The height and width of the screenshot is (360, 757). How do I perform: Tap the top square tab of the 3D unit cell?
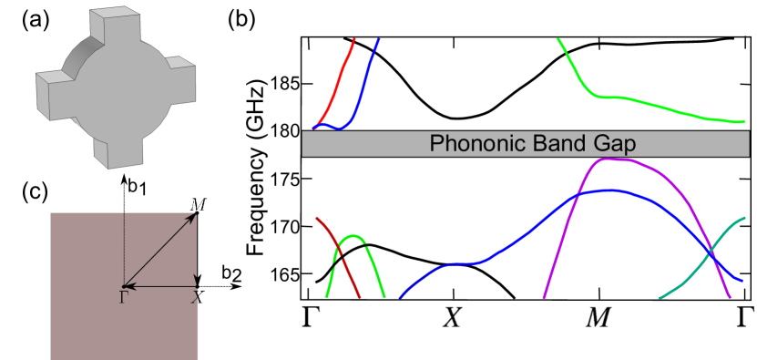tap(122, 20)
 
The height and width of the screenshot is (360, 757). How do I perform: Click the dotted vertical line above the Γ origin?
tap(124, 246)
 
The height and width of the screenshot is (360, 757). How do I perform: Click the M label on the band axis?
tap(600, 316)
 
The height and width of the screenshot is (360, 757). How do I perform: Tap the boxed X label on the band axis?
tap(454, 316)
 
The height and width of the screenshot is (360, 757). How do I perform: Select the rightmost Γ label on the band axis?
tap(744, 316)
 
